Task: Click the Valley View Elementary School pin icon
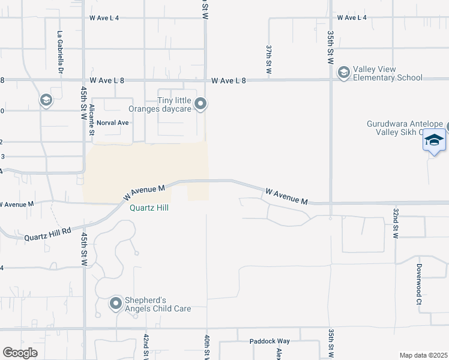343,73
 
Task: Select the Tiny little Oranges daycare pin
201,104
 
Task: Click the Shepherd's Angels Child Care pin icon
116,304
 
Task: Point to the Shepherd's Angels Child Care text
158,304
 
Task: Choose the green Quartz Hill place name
150,208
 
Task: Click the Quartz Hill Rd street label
47,234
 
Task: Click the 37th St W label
270,59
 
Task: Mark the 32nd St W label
396,223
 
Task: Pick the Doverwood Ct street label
419,284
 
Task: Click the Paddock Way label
270,341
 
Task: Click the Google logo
20,353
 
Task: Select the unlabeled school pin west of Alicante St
46,100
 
